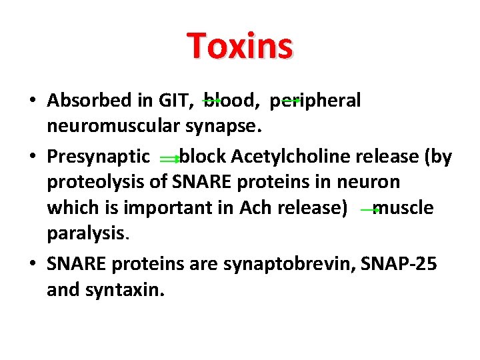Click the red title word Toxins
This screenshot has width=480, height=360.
[240, 46]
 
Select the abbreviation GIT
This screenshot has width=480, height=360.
[175, 101]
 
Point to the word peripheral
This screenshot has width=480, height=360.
[315, 101]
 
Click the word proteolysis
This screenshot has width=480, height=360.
[97, 181]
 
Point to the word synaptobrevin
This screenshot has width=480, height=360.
[291, 264]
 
